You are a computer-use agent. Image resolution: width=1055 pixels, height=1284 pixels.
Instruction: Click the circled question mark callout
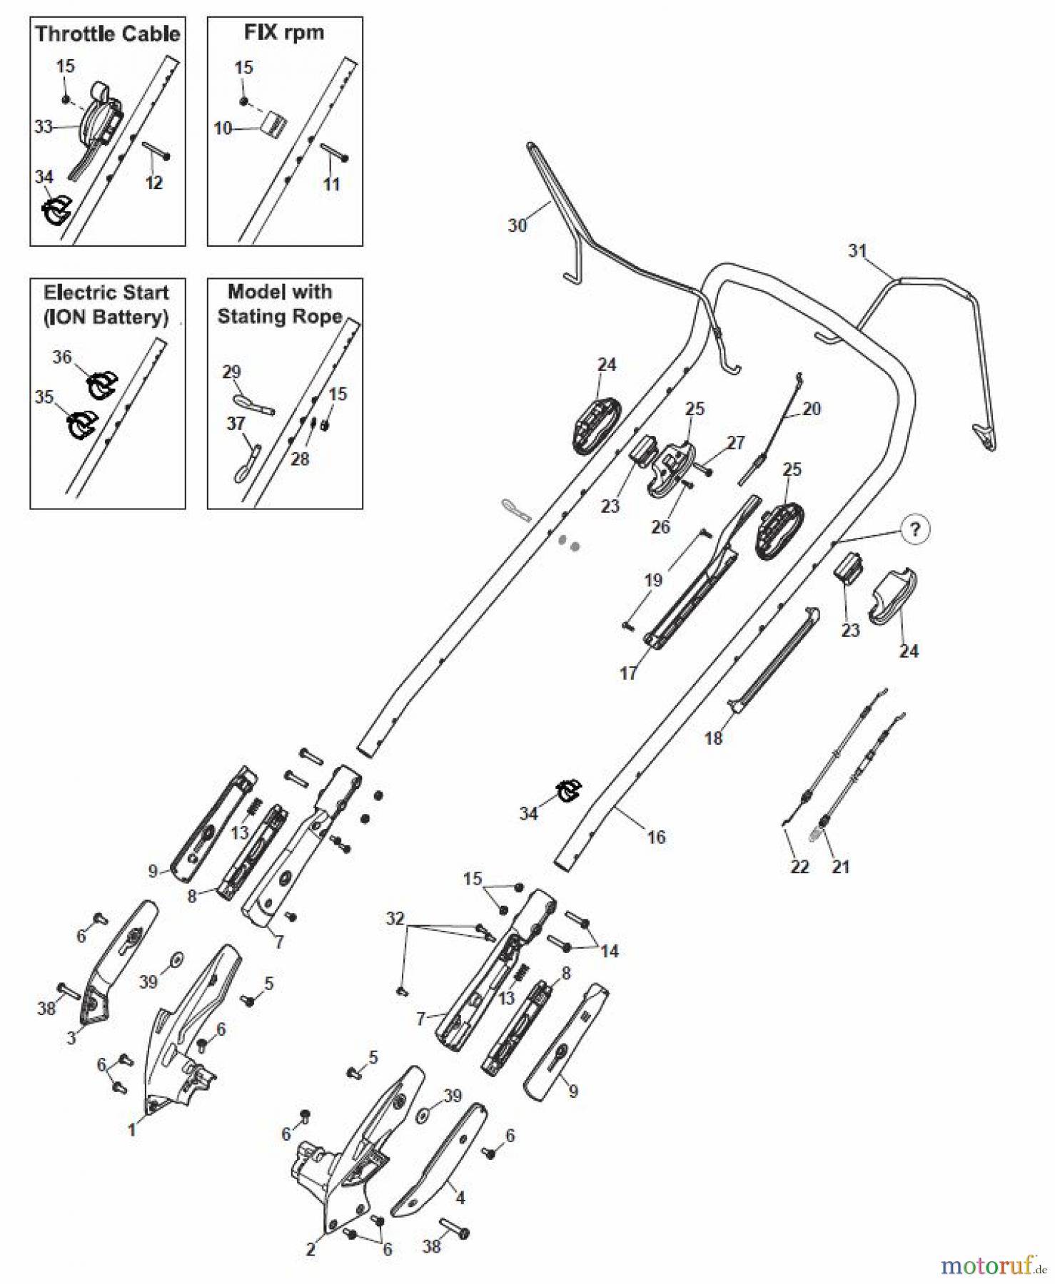[x=915, y=530]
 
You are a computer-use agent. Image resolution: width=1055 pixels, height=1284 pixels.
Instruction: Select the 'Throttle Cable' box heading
[x=108, y=34]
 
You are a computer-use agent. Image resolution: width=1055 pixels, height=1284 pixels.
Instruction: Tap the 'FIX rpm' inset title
[x=284, y=32]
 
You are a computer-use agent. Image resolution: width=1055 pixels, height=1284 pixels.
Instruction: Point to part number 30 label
[x=517, y=225]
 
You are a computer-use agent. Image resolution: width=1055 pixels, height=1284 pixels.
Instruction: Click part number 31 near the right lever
[x=857, y=250]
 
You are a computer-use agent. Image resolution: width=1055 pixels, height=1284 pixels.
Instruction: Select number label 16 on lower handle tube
[x=656, y=837]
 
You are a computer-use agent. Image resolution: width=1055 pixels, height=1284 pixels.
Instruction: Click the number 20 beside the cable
[x=812, y=409]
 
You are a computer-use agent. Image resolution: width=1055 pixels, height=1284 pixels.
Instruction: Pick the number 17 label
[x=628, y=673]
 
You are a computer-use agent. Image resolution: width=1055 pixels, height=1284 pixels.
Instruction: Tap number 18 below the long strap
[x=713, y=738]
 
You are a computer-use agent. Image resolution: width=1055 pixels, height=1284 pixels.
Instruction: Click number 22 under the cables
[x=799, y=867]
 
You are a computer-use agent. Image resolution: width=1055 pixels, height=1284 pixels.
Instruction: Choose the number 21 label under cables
[x=841, y=867]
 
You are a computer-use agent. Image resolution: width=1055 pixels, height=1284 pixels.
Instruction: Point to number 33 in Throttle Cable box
[x=44, y=126]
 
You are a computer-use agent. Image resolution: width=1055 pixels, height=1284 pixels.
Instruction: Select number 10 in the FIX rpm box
[x=223, y=128]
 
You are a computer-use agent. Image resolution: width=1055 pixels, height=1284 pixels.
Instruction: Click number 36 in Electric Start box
[x=62, y=357]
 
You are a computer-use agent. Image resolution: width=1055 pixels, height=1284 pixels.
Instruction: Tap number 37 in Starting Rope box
[x=236, y=423]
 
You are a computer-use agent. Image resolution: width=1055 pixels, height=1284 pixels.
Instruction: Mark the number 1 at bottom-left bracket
[x=131, y=1129]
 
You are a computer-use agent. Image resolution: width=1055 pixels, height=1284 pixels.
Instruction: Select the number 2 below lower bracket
[x=311, y=1249]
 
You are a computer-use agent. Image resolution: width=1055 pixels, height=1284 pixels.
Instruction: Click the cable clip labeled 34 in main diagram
[x=570, y=790]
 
